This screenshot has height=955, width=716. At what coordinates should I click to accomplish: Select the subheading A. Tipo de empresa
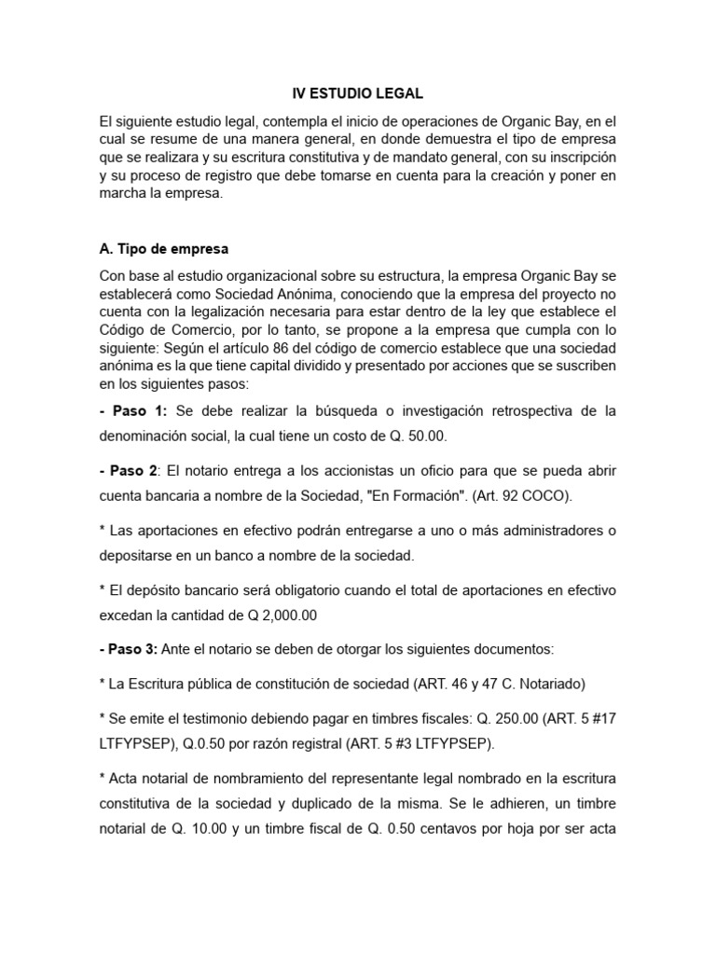(x=163, y=249)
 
